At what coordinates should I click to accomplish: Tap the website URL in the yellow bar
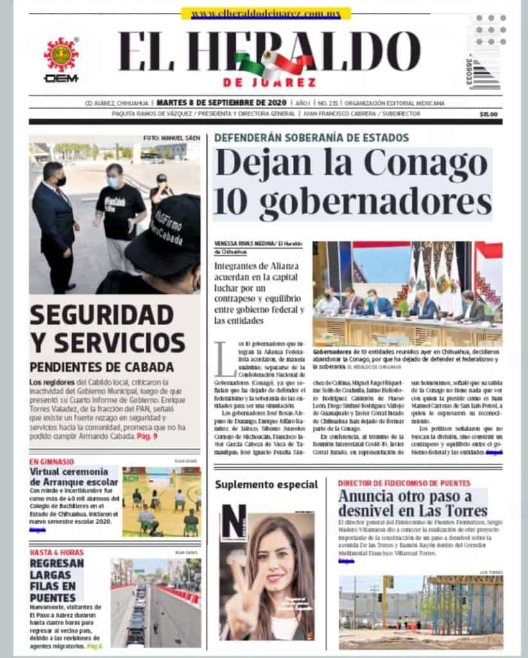click(265, 13)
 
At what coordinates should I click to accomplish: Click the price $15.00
click(488, 114)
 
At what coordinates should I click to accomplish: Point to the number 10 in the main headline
click(233, 202)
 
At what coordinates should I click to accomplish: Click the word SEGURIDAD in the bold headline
click(101, 316)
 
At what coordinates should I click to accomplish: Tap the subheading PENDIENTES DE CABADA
click(101, 368)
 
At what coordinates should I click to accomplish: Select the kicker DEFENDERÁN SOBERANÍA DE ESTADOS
click(312, 138)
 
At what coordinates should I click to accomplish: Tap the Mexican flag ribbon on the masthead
click(273, 65)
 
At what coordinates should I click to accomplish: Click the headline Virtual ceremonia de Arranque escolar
click(74, 477)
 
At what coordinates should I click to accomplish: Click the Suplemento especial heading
click(266, 484)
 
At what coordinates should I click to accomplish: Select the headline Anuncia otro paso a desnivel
click(412, 504)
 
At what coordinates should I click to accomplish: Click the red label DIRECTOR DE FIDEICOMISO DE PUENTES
click(404, 483)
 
